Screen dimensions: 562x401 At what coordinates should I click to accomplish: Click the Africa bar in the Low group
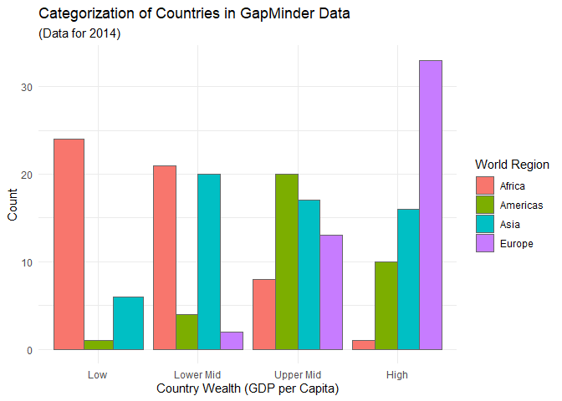click(x=69, y=244)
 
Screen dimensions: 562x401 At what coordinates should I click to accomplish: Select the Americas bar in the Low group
click(x=99, y=345)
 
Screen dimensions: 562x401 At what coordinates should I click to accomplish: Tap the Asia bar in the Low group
click(x=128, y=323)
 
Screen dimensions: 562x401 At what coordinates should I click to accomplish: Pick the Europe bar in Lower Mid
click(x=232, y=341)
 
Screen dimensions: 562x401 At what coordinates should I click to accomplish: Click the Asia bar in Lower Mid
click(x=209, y=261)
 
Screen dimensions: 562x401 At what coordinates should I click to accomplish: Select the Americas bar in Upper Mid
click(x=287, y=261)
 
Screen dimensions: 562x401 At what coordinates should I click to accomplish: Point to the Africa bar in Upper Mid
click(x=264, y=314)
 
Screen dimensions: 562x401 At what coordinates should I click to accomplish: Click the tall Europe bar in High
click(x=431, y=206)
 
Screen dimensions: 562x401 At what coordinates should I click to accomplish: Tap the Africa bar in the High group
click(x=364, y=345)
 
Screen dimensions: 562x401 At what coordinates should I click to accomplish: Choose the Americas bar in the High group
click(x=386, y=306)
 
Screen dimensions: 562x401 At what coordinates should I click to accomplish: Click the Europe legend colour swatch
click(x=485, y=243)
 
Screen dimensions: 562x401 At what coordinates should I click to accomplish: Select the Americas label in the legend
click(x=521, y=206)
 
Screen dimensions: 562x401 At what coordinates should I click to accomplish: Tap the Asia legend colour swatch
click(x=485, y=224)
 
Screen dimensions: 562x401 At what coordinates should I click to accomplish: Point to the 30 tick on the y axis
click(x=27, y=87)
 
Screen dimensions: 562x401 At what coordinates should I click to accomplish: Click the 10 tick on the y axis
click(x=27, y=262)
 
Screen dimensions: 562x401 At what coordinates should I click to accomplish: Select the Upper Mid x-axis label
click(x=298, y=375)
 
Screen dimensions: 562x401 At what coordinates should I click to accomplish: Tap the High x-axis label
click(x=397, y=375)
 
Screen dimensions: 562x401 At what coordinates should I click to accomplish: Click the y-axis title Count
click(x=13, y=205)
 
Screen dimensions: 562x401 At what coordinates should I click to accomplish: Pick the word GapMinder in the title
click(x=278, y=14)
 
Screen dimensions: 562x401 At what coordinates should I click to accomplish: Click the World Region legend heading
click(x=512, y=165)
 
